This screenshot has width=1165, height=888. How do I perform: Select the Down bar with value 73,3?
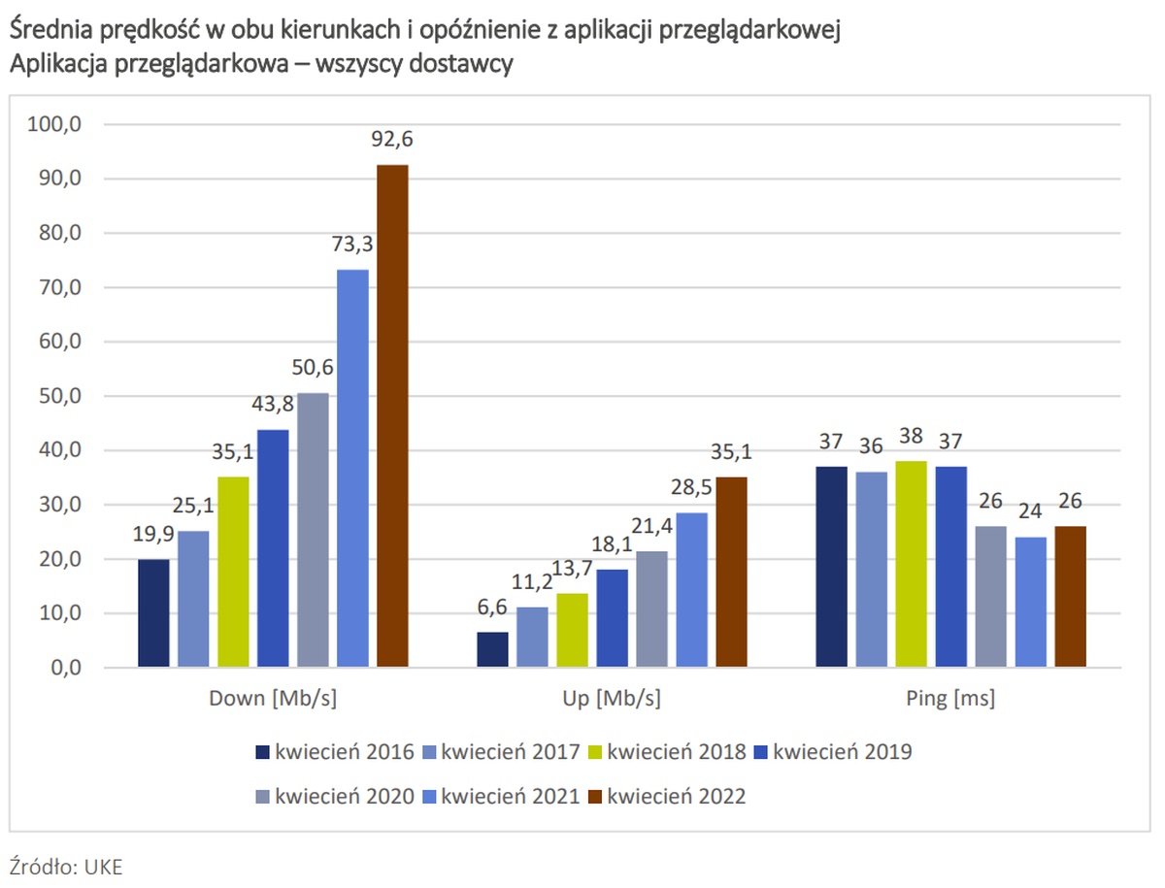[352, 468]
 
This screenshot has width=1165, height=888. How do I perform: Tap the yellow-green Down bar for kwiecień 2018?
[233, 572]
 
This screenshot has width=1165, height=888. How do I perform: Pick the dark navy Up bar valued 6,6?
[492, 649]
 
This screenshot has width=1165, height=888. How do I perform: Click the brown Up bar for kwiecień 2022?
[731, 572]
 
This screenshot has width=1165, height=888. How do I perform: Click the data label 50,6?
[313, 373]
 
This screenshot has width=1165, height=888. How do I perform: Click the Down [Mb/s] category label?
[273, 699]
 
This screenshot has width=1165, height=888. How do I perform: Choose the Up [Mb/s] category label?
[612, 699]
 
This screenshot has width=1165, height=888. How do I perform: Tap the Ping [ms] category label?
[950, 699]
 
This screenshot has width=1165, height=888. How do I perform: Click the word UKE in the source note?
[103, 867]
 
